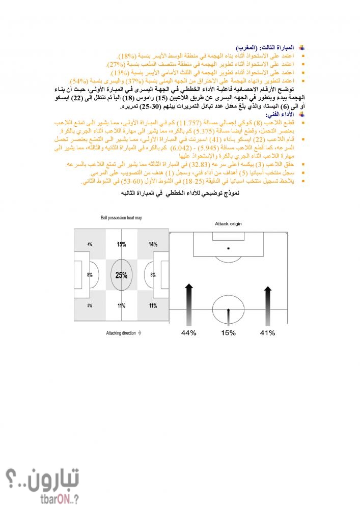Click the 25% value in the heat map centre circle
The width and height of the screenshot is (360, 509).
(121, 275)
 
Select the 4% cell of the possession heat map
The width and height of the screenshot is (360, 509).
(90, 244)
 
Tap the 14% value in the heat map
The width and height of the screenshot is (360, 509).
(153, 244)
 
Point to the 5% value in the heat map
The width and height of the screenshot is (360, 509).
(90, 306)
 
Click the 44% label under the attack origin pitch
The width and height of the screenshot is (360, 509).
(189, 333)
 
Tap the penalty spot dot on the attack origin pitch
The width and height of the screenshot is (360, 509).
(228, 248)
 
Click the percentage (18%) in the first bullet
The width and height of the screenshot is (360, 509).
(127, 55)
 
